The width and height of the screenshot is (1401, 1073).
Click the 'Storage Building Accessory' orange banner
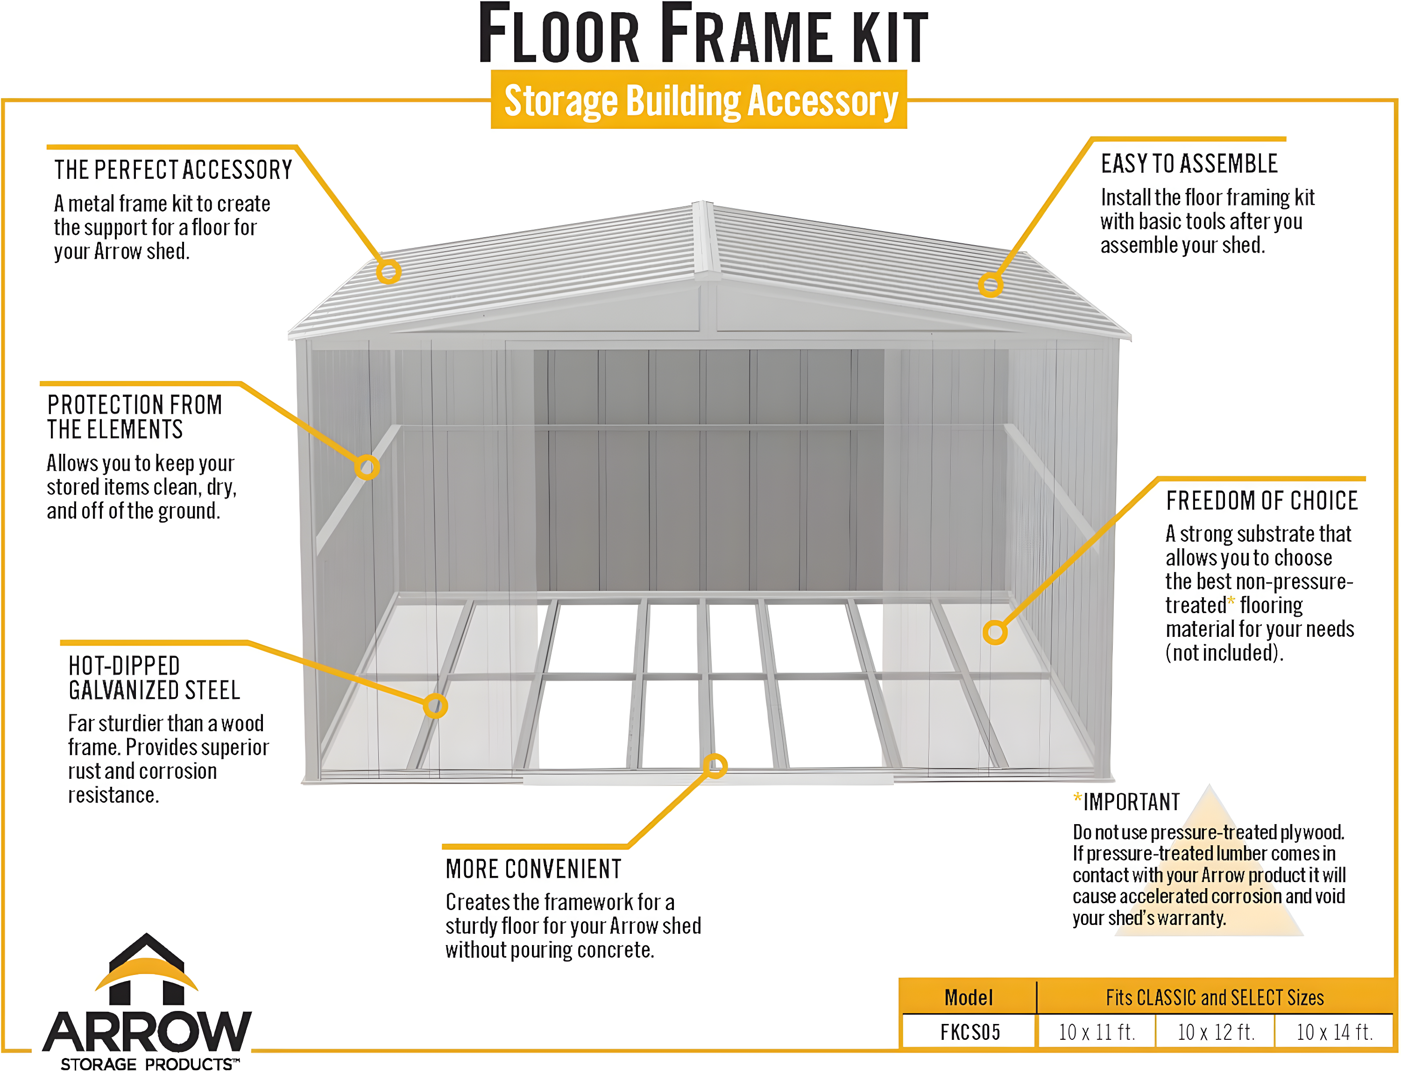point(700,100)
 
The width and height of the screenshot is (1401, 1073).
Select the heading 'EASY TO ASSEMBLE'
point(1189,164)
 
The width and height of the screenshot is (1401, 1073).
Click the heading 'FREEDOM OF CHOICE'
point(1262,501)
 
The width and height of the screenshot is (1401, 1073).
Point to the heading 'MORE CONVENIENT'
point(533,869)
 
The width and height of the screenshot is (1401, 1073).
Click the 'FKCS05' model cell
point(970,1031)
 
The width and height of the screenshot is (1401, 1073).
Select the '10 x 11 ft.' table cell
point(1096,1031)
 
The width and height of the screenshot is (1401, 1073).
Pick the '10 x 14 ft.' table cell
point(1334,1031)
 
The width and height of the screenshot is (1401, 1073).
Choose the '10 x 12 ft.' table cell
point(1216,1031)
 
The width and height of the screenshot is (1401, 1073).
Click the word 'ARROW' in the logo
point(147,1031)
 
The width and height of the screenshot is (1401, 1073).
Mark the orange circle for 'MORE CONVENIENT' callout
point(715,766)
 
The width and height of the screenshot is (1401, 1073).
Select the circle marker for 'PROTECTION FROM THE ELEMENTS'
point(367,467)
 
